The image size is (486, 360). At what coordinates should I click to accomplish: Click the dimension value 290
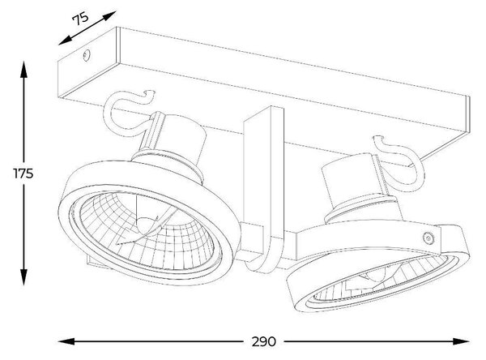(263, 341)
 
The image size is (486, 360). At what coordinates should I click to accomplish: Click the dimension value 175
(23, 174)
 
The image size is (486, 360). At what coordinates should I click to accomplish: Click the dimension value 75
(80, 19)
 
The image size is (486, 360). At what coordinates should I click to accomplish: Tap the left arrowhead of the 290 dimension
(66, 341)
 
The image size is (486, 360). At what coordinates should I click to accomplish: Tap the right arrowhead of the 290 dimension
(461, 341)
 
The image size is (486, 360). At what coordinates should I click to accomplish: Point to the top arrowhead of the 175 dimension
(23, 69)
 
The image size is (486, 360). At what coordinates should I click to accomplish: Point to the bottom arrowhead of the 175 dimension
(23, 276)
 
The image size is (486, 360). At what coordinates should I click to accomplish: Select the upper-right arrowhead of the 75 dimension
(109, 16)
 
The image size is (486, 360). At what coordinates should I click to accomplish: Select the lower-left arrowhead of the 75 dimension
(66, 41)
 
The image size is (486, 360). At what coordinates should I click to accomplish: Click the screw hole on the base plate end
(86, 55)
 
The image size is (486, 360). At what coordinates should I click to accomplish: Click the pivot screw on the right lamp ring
(428, 238)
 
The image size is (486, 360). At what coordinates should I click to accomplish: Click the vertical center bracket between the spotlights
(263, 189)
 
